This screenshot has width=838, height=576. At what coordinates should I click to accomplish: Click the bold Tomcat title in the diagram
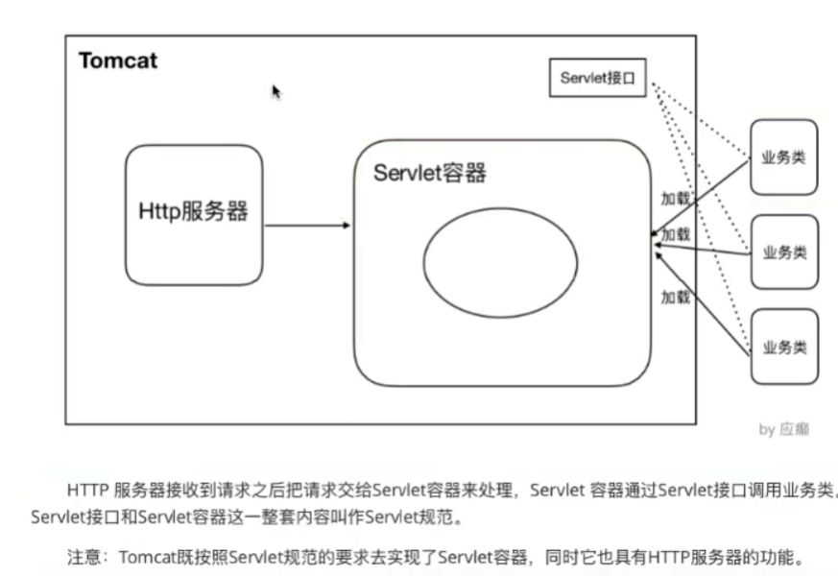click(x=118, y=60)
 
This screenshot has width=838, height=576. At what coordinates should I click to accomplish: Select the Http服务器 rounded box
click(x=193, y=214)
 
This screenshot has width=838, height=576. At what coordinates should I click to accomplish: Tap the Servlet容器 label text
click(x=430, y=174)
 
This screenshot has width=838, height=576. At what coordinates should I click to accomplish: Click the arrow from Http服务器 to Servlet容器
click(x=307, y=226)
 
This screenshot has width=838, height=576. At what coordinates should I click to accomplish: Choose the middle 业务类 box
click(x=783, y=252)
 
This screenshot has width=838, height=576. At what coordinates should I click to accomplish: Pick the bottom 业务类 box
click(x=783, y=346)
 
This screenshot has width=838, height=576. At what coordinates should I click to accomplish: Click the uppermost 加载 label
click(x=675, y=198)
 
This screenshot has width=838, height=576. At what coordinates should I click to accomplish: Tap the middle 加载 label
click(x=675, y=233)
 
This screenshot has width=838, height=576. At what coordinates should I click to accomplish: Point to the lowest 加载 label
click(x=675, y=297)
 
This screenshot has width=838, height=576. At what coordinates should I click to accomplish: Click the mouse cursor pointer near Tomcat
click(x=276, y=91)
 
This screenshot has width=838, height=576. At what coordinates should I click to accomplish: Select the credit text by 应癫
click(x=783, y=429)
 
